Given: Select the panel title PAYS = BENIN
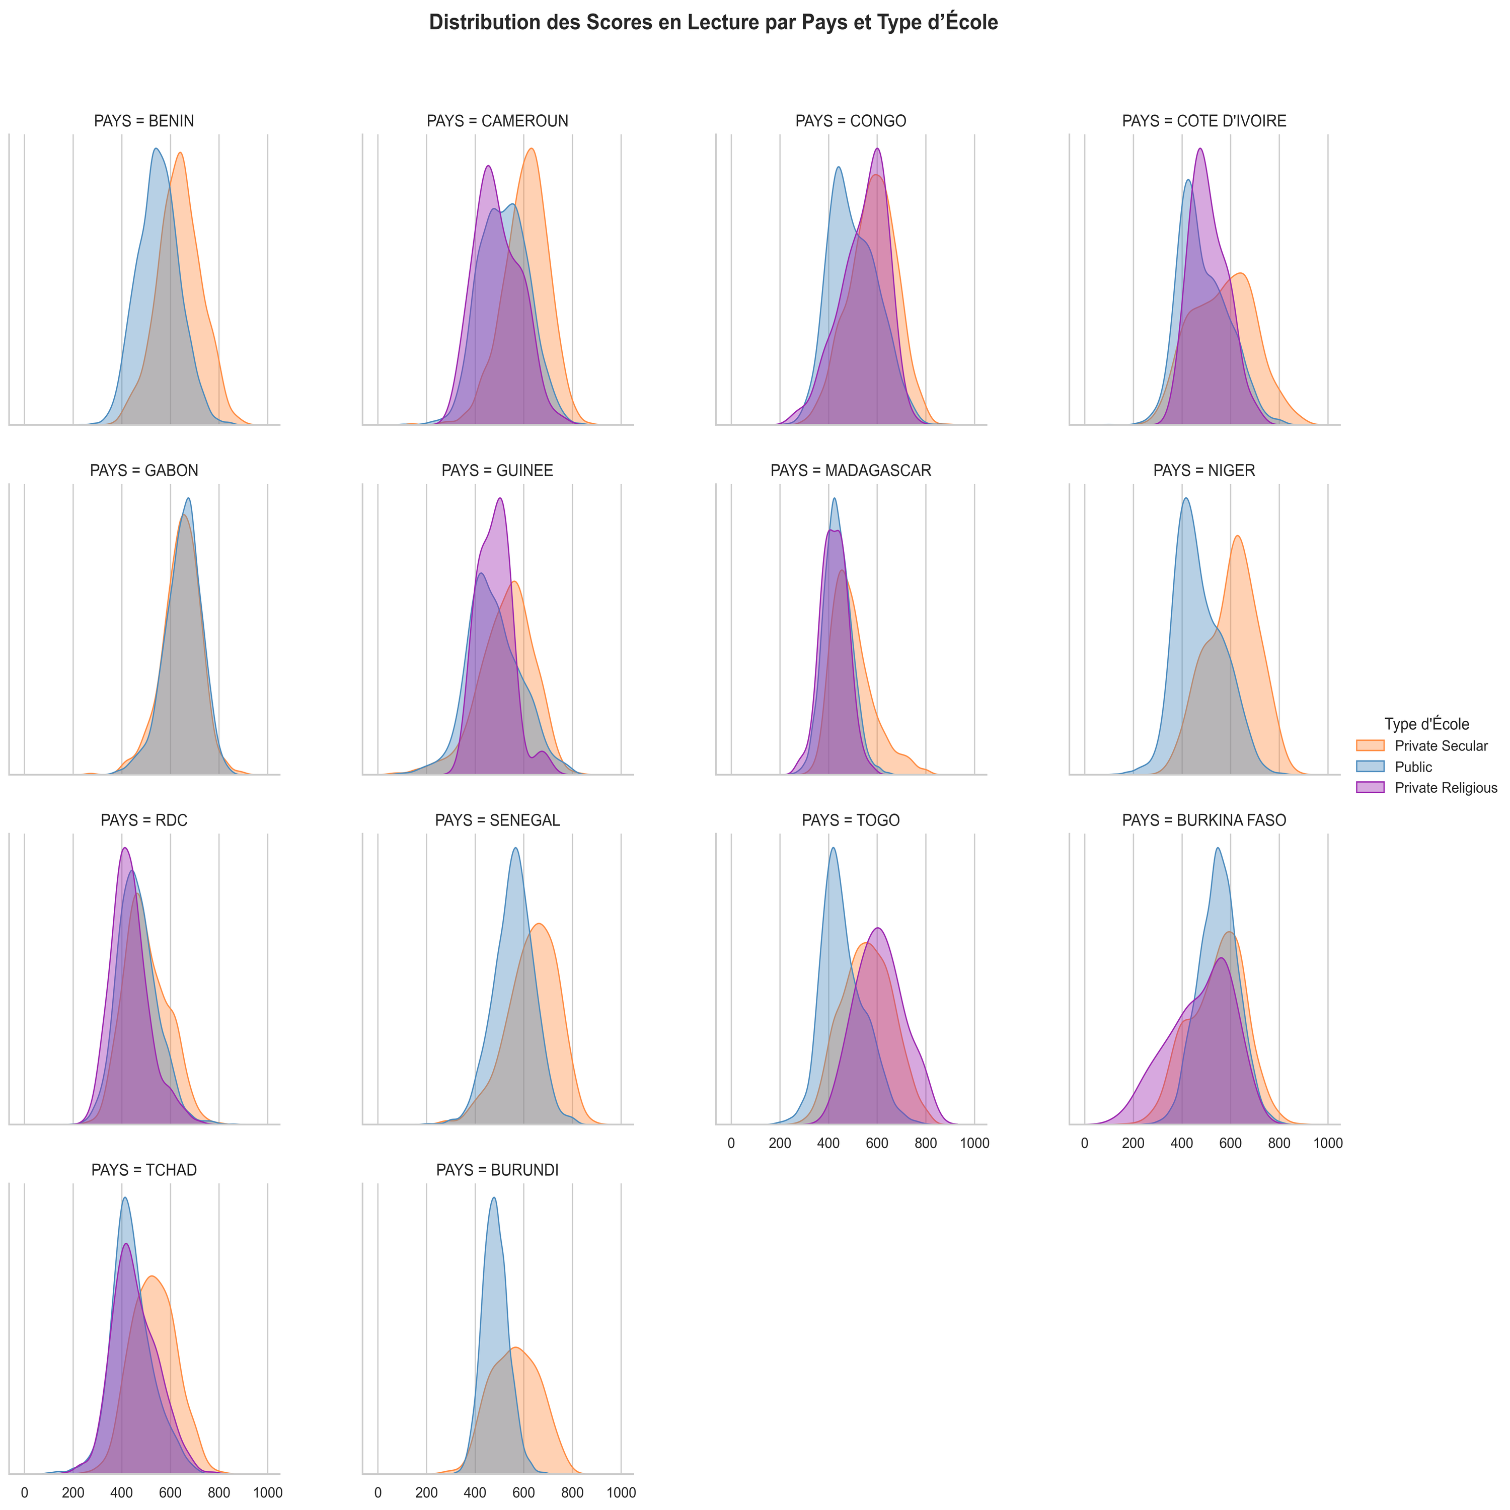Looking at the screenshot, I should tap(144, 121).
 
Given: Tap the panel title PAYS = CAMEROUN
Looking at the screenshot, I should tap(497, 121).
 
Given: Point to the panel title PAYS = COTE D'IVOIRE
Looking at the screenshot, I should tap(1203, 121).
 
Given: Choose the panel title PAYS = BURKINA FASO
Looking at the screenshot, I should tap(1203, 820).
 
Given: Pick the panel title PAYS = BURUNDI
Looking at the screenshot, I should tap(497, 1170).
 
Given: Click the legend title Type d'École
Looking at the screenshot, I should tap(1426, 724).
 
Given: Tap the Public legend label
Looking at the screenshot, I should tap(1413, 767).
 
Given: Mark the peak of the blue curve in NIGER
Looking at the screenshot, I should tap(1186, 499).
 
